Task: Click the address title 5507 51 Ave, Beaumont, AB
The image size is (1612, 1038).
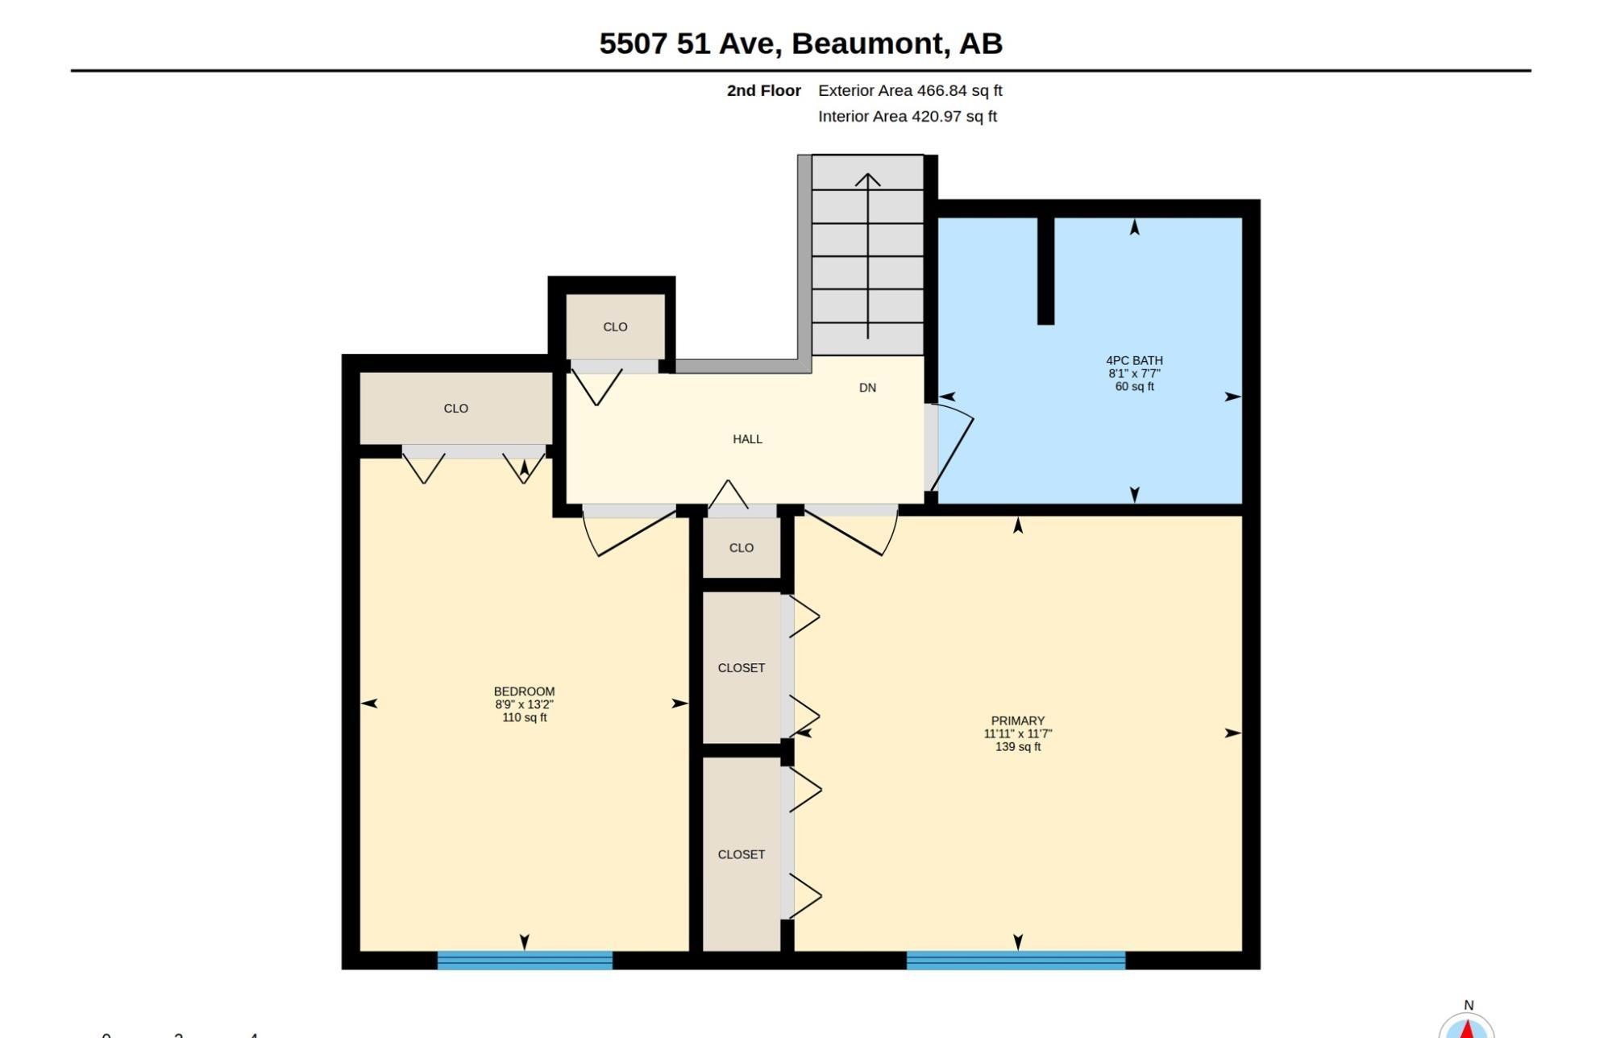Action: click(800, 44)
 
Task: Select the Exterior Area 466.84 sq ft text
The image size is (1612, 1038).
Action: click(910, 90)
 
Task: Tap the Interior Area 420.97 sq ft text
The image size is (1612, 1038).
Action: click(908, 116)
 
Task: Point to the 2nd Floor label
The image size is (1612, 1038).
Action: click(764, 90)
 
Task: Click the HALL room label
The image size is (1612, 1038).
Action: click(747, 439)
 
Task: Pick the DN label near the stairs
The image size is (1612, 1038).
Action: click(867, 388)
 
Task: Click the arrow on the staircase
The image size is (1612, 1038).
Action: click(867, 255)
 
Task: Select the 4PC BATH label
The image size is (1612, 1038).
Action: click(1134, 360)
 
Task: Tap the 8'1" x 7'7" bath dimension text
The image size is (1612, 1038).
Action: click(1134, 373)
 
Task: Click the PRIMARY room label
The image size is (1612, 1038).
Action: click(1018, 720)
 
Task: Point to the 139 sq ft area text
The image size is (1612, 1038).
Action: click(1018, 746)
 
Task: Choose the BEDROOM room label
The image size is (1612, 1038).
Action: click(524, 691)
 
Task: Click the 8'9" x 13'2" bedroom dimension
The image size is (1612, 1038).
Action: click(524, 704)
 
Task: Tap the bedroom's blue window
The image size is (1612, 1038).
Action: click(525, 960)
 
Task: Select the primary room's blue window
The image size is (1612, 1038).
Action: click(1016, 960)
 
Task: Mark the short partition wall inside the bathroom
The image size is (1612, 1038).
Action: click(1045, 270)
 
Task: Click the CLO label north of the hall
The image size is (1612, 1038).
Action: click(615, 326)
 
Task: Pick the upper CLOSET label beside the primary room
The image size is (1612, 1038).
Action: click(742, 667)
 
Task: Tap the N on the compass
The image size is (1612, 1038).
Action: click(1469, 1005)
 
